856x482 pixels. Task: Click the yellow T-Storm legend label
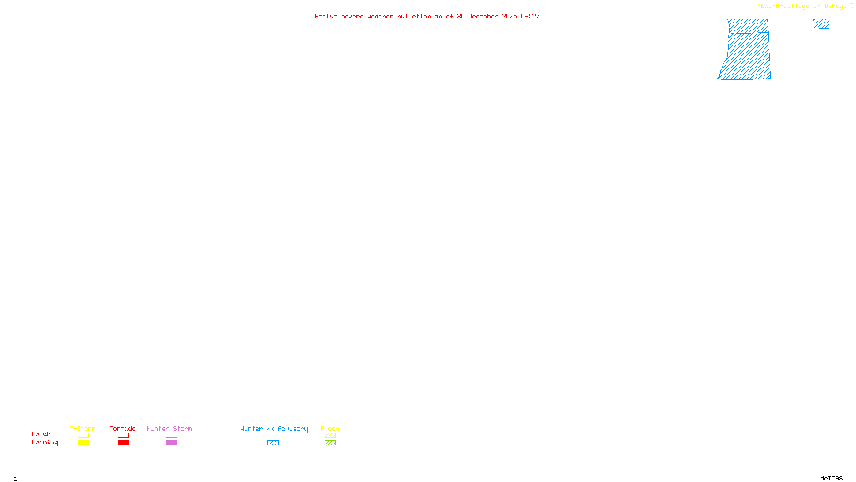(82, 428)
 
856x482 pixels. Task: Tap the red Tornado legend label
(123, 428)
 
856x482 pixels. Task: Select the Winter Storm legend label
(169, 428)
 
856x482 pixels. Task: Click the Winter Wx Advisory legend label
(274, 428)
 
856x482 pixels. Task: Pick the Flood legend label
(330, 428)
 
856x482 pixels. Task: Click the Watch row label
(41, 434)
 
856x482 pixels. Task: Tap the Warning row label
(45, 442)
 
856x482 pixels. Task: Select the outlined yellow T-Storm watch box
(83, 435)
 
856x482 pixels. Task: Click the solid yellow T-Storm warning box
(83, 443)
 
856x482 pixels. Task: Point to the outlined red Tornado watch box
(123, 435)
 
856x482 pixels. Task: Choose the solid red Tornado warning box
(123, 443)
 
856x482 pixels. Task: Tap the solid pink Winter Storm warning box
(171, 443)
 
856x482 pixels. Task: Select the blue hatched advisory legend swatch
(273, 443)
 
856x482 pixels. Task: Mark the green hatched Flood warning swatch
(330, 443)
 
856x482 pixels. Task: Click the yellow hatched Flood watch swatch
(330, 435)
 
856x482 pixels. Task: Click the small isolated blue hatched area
(821, 24)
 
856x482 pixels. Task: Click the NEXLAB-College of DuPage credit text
(801, 6)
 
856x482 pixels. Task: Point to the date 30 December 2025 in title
(487, 16)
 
